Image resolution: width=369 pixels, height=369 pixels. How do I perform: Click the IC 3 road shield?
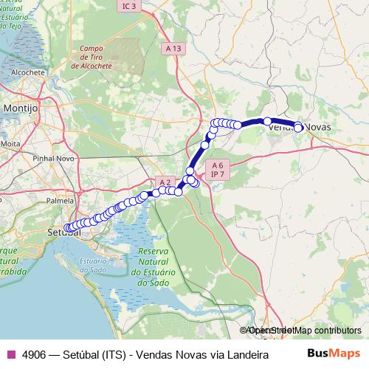129,6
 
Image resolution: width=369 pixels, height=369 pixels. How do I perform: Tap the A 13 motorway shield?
173,48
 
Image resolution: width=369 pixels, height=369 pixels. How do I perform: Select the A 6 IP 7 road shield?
216,170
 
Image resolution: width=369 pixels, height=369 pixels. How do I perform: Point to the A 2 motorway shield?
165,182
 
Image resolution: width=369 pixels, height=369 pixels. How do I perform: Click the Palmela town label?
61,200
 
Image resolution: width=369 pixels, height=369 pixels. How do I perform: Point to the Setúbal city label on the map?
63,233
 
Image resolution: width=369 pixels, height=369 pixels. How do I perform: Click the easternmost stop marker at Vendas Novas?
298,128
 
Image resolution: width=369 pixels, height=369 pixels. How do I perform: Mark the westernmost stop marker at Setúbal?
67,228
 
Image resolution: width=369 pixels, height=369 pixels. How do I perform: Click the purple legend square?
10,354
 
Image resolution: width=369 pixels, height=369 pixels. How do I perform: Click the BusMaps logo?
333,354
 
